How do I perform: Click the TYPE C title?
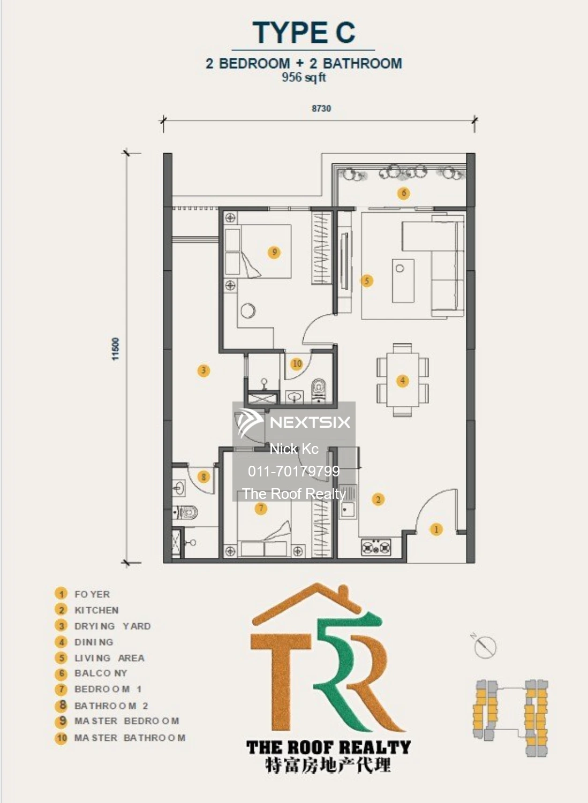(304, 33)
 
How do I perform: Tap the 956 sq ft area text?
(304, 78)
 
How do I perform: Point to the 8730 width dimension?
(321, 108)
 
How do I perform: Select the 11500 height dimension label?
(116, 349)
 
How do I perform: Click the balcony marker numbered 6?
(404, 193)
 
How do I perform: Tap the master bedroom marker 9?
(274, 252)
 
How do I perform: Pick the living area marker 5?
(366, 281)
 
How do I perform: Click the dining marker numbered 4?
(403, 381)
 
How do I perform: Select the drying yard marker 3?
(203, 370)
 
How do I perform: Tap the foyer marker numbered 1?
(436, 529)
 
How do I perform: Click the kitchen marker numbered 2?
(378, 499)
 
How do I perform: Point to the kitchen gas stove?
(376, 548)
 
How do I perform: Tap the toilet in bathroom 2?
(185, 513)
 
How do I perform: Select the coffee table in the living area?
(403, 281)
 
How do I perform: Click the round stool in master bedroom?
(248, 310)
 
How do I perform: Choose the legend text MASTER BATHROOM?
(130, 738)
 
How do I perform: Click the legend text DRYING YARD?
(112, 626)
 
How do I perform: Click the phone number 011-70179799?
(293, 471)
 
